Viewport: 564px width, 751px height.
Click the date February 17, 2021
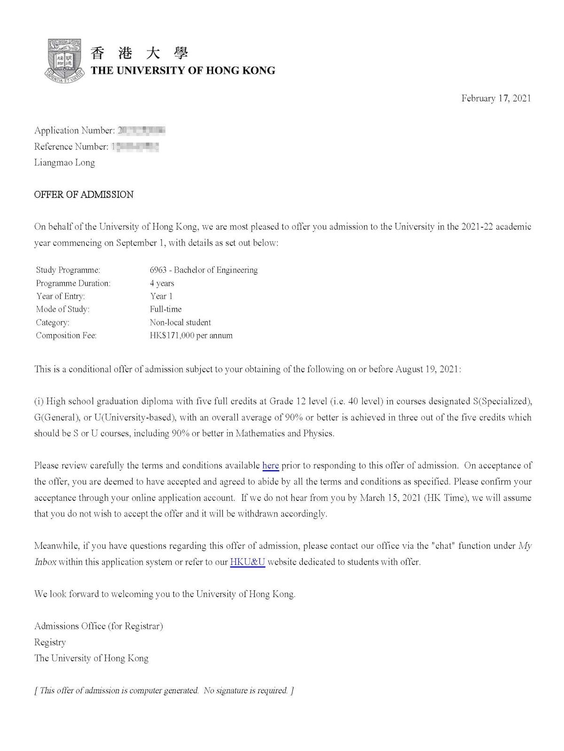tap(496, 98)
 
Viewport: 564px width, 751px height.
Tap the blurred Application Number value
tap(141, 130)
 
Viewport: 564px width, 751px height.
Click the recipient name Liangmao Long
tap(64, 163)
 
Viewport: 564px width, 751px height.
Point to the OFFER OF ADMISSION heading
tap(84, 195)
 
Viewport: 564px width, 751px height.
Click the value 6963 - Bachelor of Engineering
tap(204, 270)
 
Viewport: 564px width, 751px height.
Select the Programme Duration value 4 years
tap(162, 283)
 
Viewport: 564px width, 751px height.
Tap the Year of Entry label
tap(61, 296)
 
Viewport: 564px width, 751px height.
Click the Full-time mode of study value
tap(165, 309)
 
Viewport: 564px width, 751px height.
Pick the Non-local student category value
tap(180, 322)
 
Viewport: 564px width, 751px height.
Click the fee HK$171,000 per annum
tap(191, 336)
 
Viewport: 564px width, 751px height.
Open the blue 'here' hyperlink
tap(270, 466)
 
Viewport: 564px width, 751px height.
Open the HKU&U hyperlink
tap(247, 562)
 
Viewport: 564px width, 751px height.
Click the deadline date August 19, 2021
tap(427, 369)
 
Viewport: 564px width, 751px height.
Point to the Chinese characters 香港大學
tap(139, 53)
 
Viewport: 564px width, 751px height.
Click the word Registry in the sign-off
tap(50, 642)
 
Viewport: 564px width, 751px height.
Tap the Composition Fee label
tap(66, 336)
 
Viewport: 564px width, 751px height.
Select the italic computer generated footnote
tap(164, 690)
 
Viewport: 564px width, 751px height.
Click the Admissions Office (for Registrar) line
tap(98, 626)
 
